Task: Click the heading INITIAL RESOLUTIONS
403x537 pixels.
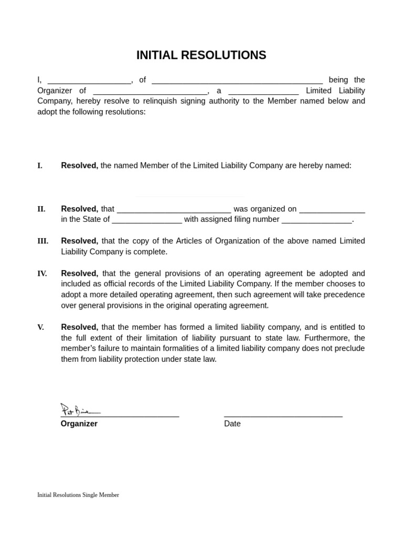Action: coord(201,55)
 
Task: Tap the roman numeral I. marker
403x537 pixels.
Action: coord(40,166)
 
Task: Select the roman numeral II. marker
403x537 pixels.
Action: coord(41,209)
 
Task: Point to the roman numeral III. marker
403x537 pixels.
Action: coord(43,241)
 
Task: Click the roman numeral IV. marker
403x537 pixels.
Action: coord(42,273)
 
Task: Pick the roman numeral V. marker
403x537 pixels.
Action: coord(40,327)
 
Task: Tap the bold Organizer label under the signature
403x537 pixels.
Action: coord(79,424)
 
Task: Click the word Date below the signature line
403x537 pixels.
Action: coord(232,424)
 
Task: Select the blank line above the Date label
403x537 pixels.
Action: coord(283,415)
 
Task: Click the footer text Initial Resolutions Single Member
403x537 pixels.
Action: coord(78,495)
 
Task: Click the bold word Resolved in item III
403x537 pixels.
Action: coord(79,241)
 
